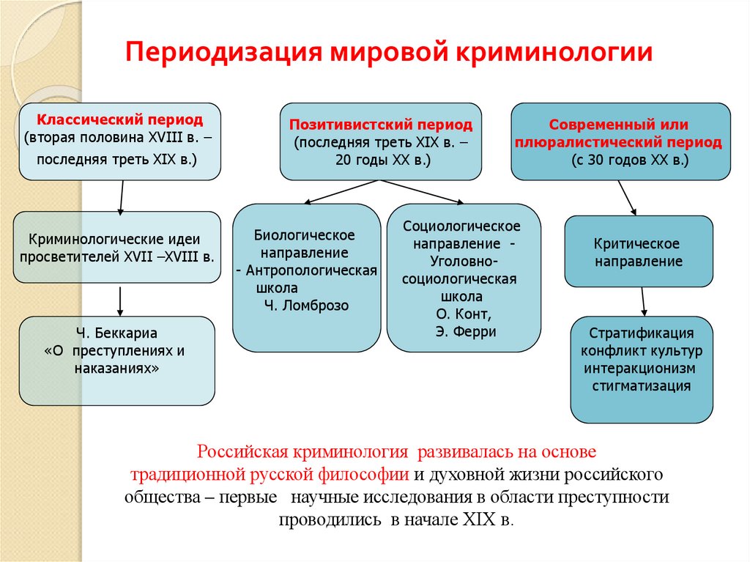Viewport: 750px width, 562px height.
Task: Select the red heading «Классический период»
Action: click(120, 119)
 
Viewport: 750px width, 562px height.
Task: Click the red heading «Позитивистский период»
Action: click(380, 125)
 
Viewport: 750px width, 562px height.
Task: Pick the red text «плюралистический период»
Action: click(620, 142)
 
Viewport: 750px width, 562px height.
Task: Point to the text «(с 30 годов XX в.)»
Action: click(620, 160)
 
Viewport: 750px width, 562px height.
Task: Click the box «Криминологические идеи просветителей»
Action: click(117, 248)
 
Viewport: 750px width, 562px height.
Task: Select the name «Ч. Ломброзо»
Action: click(305, 306)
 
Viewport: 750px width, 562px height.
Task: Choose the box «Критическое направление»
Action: click(638, 251)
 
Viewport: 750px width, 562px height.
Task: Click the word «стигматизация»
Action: click(642, 386)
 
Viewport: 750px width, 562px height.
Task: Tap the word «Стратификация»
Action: click(642, 333)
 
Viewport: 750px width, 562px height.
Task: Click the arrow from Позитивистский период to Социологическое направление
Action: click(420, 192)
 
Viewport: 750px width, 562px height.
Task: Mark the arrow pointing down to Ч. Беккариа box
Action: click(119, 300)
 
